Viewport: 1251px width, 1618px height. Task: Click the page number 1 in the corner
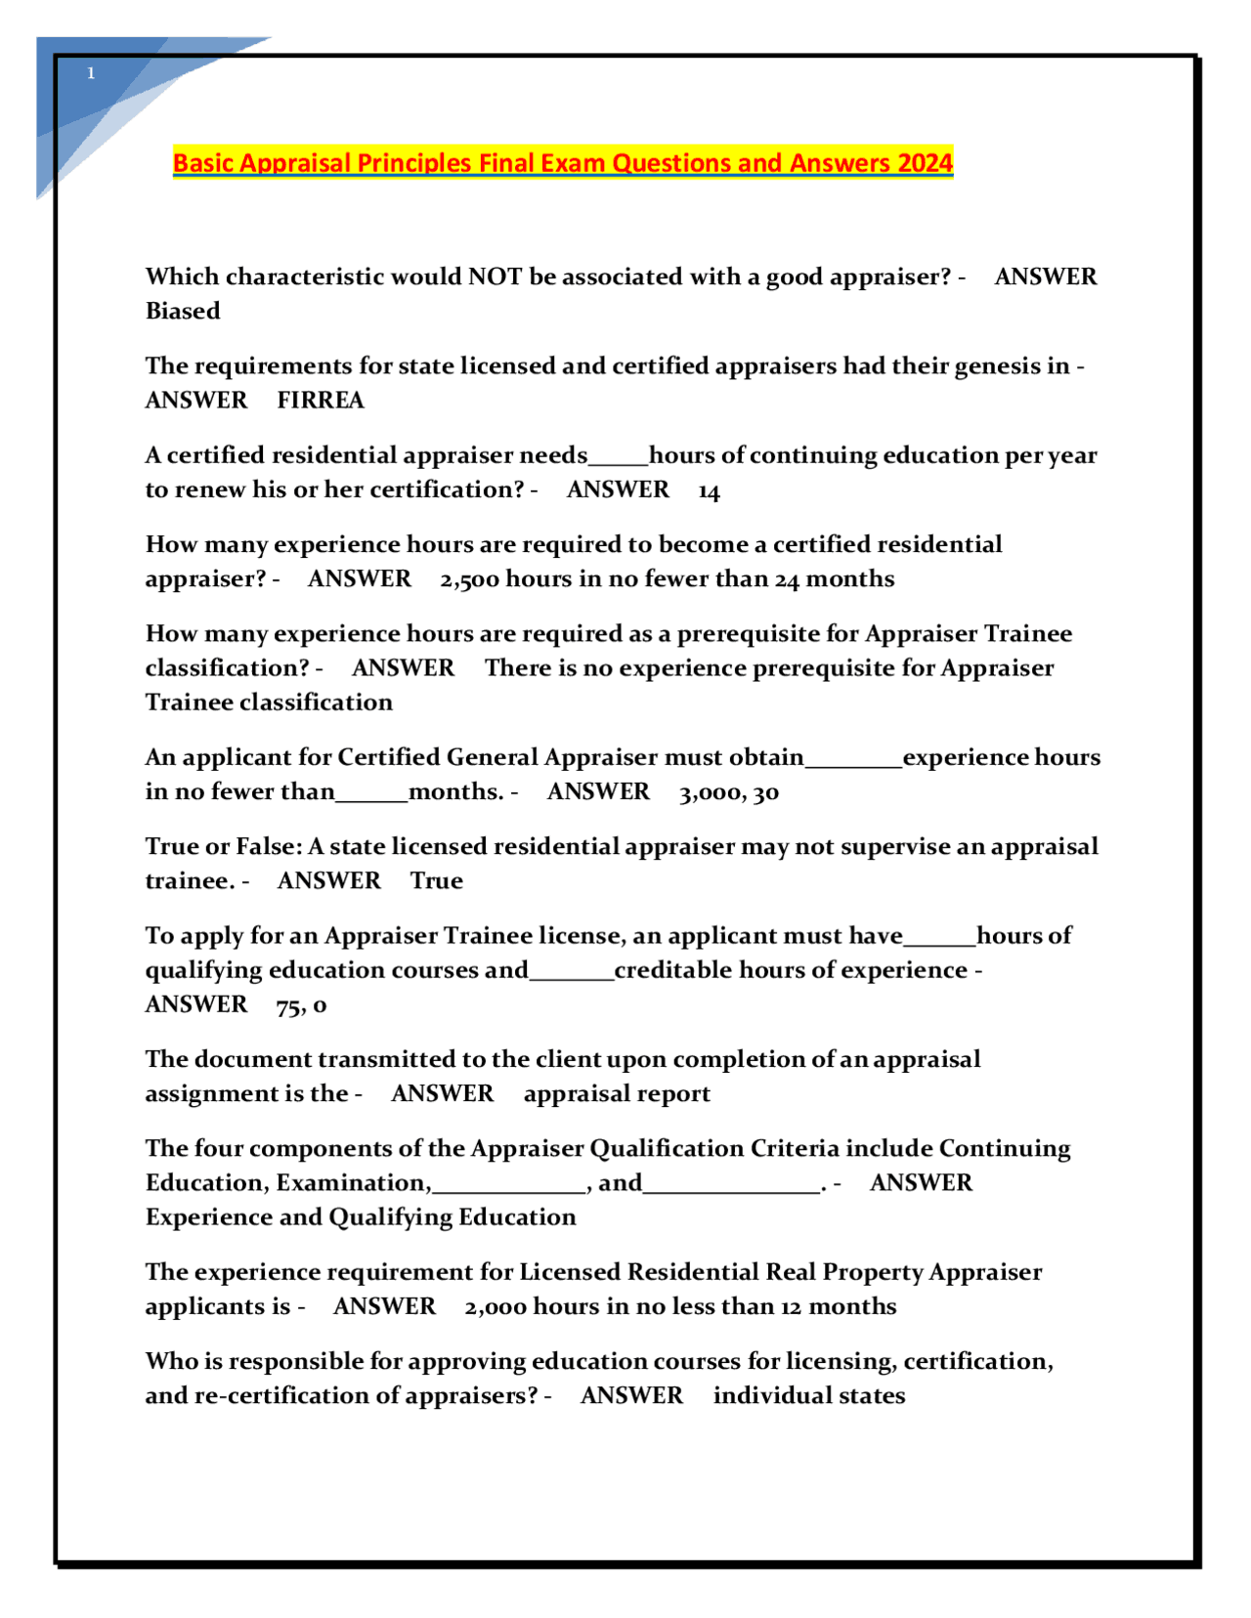pyautogui.click(x=91, y=73)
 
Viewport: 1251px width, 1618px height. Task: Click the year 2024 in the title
pyautogui.click(x=925, y=162)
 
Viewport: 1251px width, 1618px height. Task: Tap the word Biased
pyautogui.click(x=183, y=311)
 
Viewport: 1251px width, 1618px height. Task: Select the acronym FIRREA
pyautogui.click(x=321, y=401)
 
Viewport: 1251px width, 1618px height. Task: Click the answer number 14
pyautogui.click(x=709, y=490)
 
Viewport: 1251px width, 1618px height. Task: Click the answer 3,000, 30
pyautogui.click(x=728, y=792)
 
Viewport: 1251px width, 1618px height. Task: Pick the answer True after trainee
pyautogui.click(x=436, y=881)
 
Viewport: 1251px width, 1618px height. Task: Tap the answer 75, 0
pyautogui.click(x=301, y=1005)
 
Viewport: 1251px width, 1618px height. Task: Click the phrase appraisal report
pyautogui.click(x=617, y=1094)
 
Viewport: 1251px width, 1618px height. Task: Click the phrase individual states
pyautogui.click(x=808, y=1396)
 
